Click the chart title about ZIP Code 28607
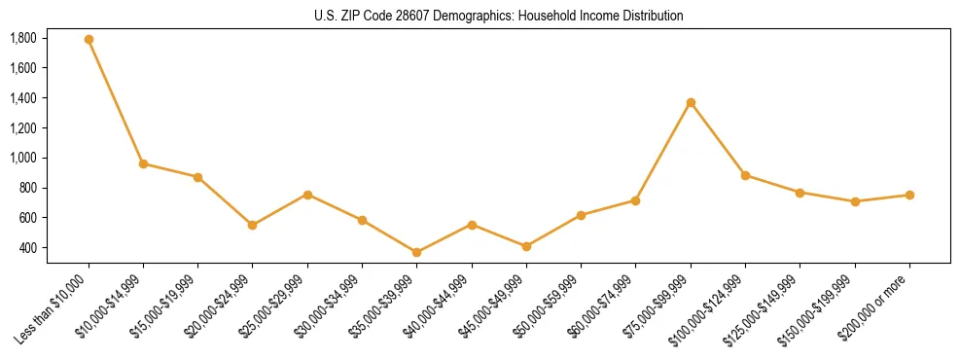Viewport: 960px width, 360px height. [499, 17]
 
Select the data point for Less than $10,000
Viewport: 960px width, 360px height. [89, 40]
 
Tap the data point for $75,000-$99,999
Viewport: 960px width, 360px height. [691, 103]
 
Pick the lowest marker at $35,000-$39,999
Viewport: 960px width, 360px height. [417, 253]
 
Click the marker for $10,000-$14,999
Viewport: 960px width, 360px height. [143, 163]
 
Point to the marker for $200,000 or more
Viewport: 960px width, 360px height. [909, 196]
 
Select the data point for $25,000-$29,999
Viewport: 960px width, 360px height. [307, 195]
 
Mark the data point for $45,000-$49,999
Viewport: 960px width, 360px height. [526, 247]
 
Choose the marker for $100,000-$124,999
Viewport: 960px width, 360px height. [745, 175]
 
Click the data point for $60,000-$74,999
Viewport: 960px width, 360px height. [636, 200]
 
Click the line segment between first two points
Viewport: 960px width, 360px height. [116, 102]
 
